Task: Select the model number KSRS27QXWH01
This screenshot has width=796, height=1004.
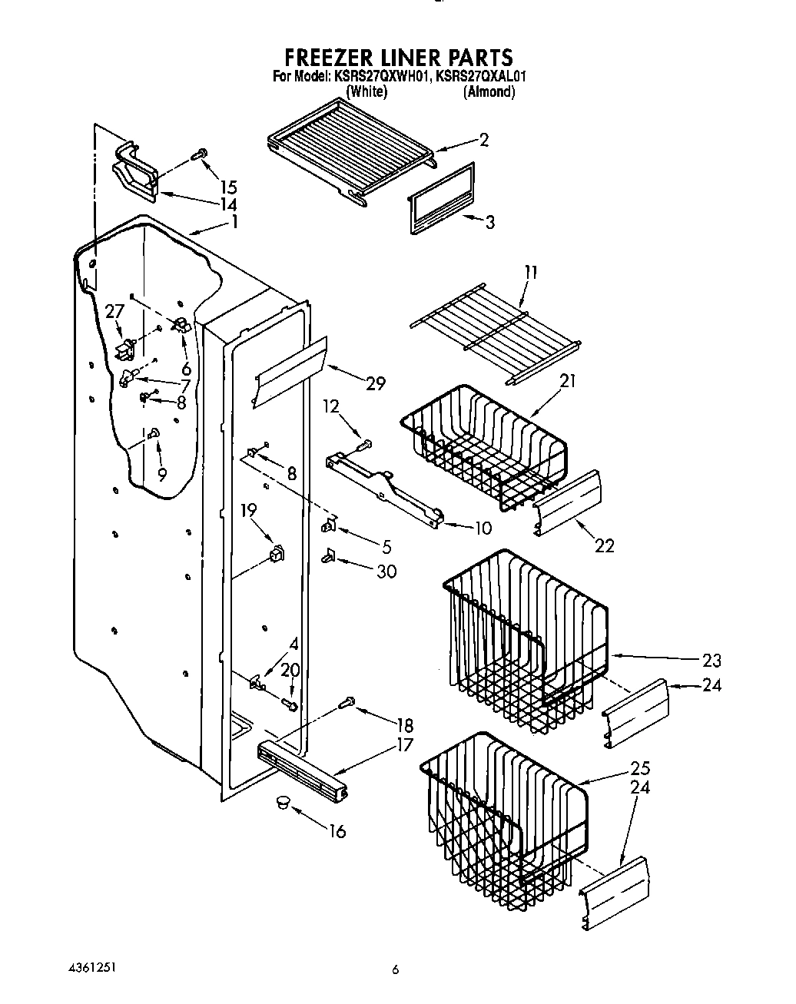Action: (x=380, y=76)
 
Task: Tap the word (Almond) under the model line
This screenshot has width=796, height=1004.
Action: (x=489, y=91)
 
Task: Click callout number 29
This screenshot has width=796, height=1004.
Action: (x=375, y=383)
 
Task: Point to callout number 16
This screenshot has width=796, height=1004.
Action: (x=337, y=830)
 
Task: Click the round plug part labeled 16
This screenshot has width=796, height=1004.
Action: (x=282, y=803)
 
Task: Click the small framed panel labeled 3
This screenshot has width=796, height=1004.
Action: (x=440, y=199)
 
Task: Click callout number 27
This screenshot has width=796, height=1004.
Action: (x=114, y=311)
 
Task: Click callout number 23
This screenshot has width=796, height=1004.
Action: (x=711, y=660)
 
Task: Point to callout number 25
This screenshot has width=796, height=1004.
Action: (x=640, y=768)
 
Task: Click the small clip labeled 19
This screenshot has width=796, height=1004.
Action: (x=276, y=553)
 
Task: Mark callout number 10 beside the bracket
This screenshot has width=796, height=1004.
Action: (x=483, y=528)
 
